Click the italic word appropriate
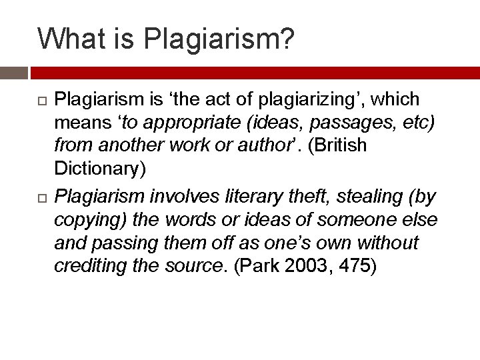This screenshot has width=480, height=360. [x=183, y=123]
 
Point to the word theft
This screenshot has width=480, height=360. [x=312, y=197]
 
